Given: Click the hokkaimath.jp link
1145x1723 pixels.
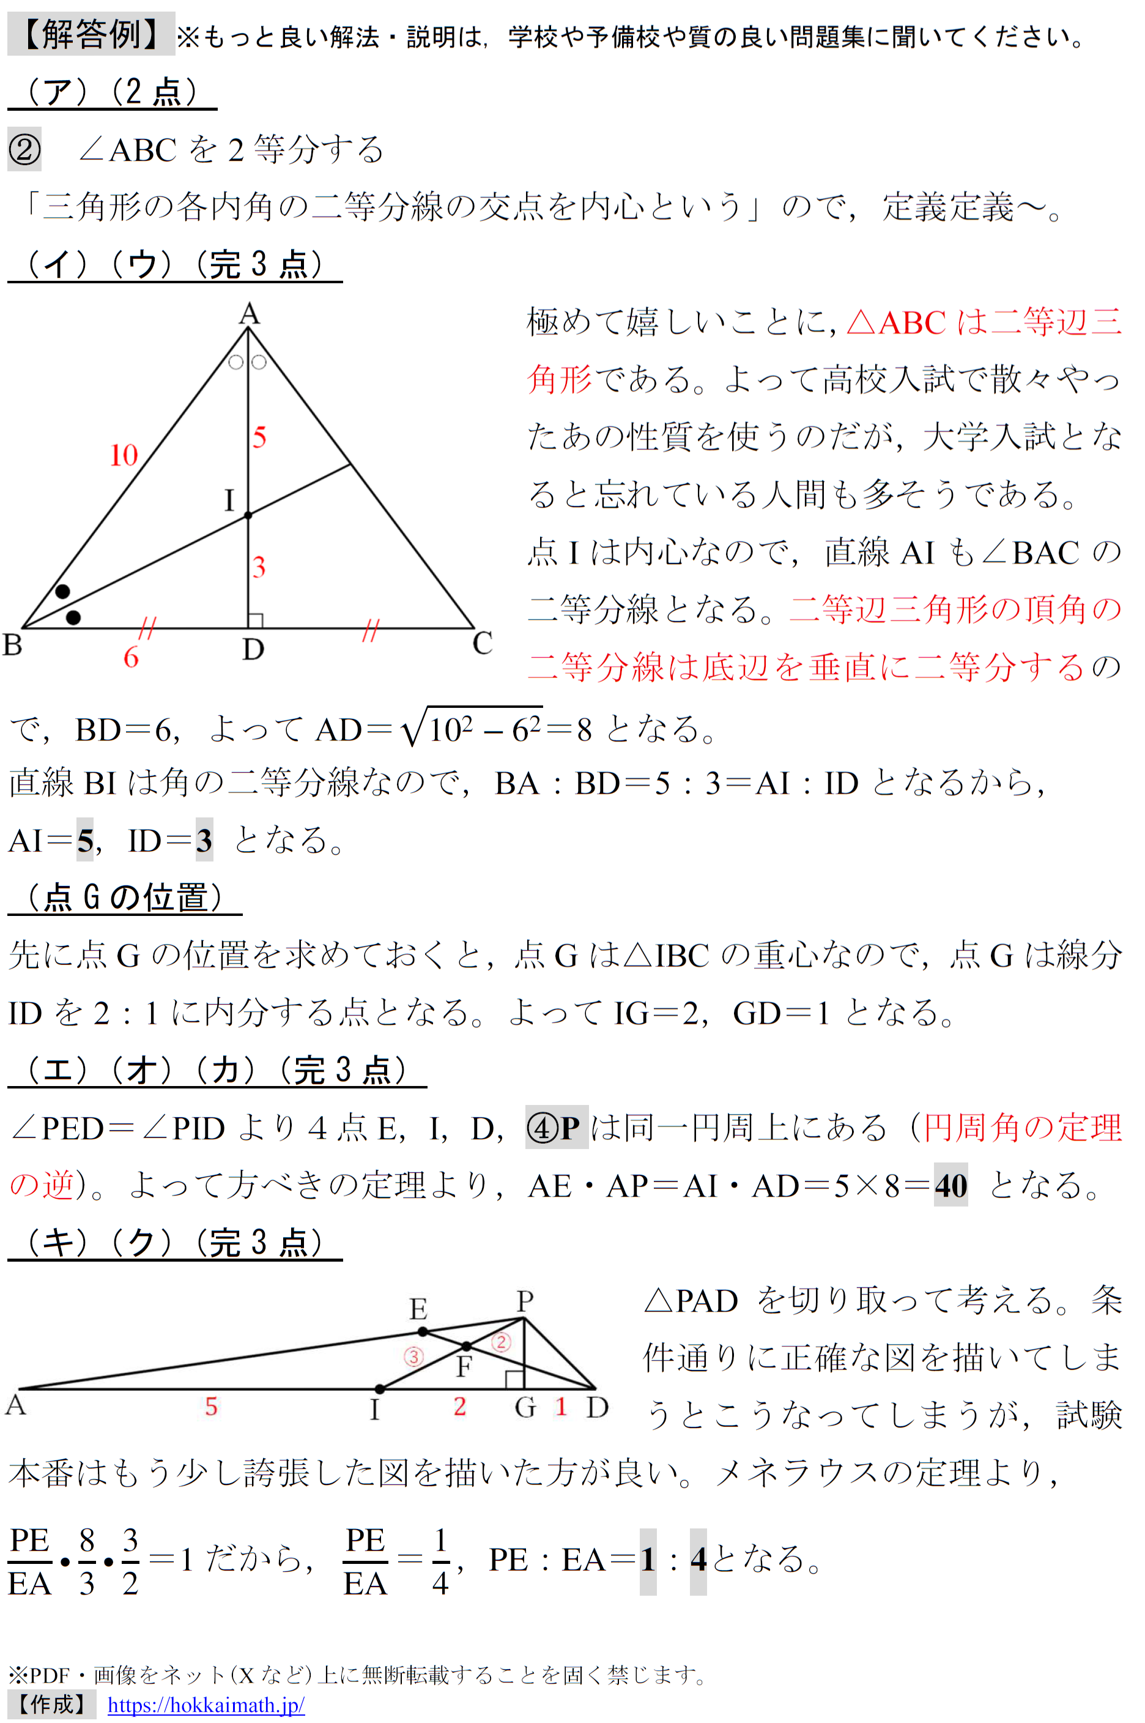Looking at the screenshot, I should coord(206,1705).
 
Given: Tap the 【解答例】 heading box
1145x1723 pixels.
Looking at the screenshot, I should coord(91,34).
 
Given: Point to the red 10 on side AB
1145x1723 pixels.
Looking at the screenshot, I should coord(124,455).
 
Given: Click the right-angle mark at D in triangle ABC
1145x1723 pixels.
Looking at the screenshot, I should coord(256,620).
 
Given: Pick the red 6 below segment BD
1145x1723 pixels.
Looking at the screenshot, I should coord(131,657).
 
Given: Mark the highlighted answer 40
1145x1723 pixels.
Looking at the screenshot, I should coord(950,1185).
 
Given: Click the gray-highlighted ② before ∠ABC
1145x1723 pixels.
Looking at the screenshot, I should coord(24,150).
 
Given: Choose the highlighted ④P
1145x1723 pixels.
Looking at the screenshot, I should coord(556,1128).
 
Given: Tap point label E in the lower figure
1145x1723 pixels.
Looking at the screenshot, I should coord(418,1309).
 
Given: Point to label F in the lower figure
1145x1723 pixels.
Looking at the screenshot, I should coord(464,1366).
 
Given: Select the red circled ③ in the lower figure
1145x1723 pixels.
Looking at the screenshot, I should coord(413,1356).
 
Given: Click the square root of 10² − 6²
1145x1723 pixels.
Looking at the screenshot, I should coord(472,728).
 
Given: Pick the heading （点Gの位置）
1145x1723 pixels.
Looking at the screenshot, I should coord(124,898).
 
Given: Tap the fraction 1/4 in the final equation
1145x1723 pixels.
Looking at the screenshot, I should coord(440,1561).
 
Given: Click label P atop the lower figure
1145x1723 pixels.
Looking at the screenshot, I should coord(524,1301).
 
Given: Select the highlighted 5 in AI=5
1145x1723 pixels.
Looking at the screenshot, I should coord(84,841).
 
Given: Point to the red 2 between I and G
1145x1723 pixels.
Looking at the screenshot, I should coord(459,1406).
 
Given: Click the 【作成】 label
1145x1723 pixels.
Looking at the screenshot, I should coord(51,1705).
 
